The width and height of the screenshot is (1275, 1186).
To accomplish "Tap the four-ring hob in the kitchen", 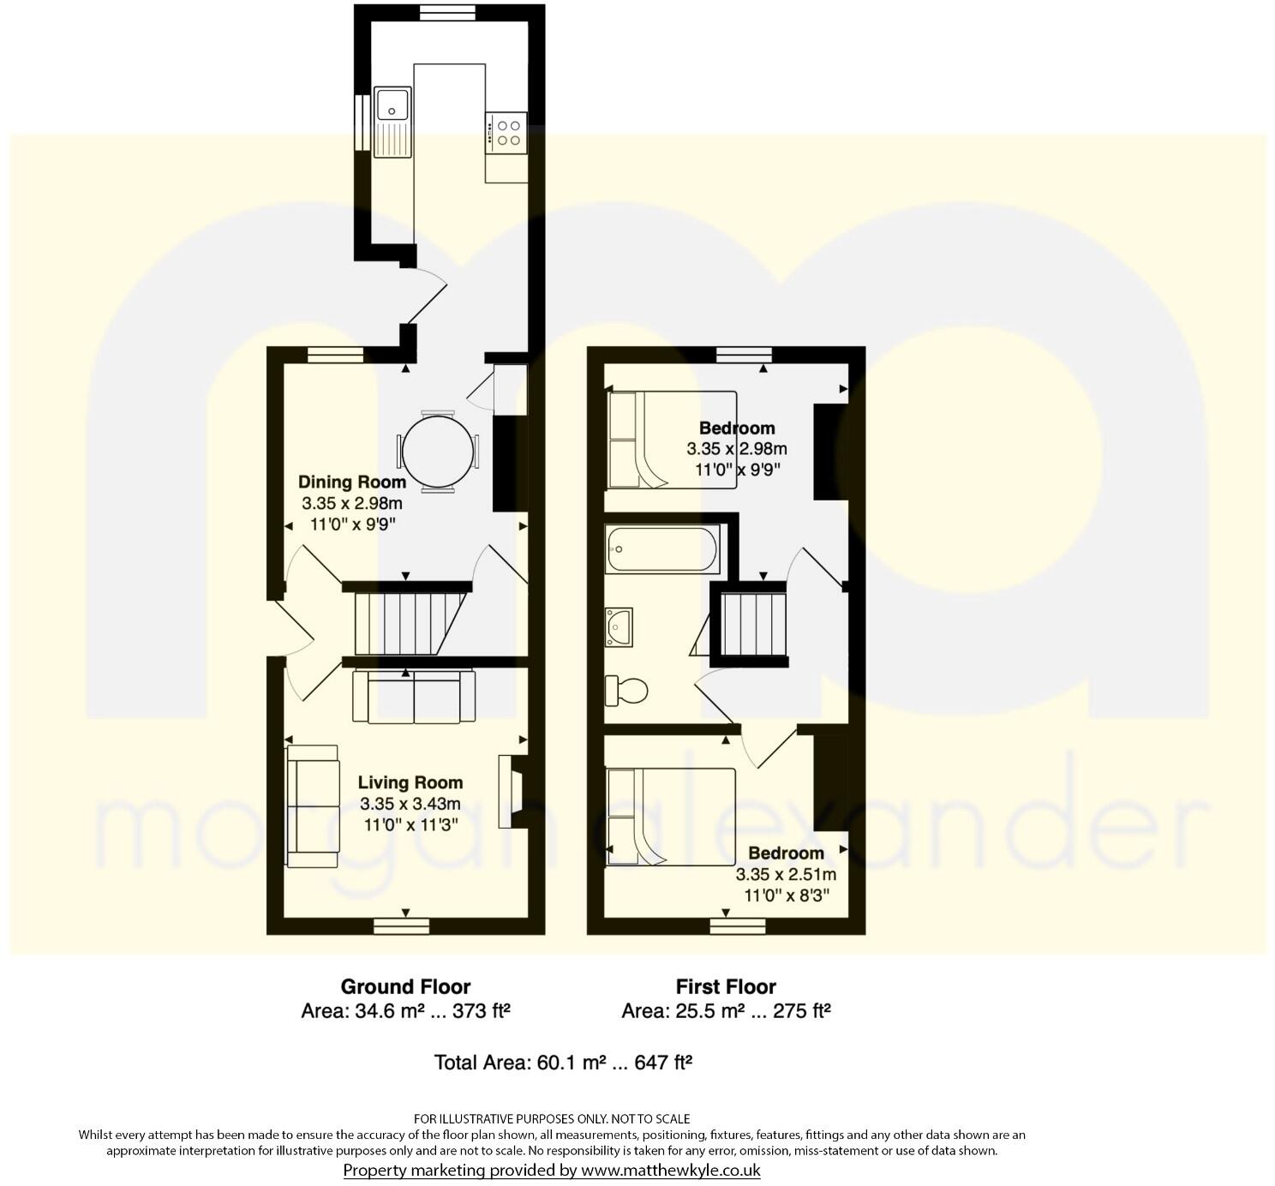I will (x=507, y=133).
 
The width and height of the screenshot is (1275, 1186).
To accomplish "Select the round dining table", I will (x=438, y=451).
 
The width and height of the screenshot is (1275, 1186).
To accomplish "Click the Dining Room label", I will (x=351, y=482).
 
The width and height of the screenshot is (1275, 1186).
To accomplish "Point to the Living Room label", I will (x=410, y=782).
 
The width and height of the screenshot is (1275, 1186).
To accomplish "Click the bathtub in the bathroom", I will (x=662, y=549).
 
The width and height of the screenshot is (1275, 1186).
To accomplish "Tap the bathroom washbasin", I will (x=618, y=626).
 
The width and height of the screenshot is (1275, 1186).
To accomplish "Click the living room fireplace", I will (x=511, y=791).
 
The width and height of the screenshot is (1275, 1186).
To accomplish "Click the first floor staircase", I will (x=753, y=623).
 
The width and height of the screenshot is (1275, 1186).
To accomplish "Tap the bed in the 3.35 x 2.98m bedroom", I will (x=671, y=440).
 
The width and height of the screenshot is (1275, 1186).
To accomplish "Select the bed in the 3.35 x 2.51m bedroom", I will (x=670, y=816).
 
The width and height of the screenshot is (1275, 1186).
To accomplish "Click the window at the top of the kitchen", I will (x=446, y=12).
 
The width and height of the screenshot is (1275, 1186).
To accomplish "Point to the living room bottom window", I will (x=401, y=925).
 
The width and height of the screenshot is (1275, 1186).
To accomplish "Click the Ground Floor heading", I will (x=405, y=986).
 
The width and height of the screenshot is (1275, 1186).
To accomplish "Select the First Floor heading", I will (x=726, y=986).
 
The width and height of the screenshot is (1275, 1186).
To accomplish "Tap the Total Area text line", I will (x=563, y=1063).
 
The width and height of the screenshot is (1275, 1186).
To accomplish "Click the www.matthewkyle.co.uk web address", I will (x=670, y=1170).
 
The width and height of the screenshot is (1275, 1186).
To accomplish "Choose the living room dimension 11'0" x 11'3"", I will (x=410, y=824).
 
